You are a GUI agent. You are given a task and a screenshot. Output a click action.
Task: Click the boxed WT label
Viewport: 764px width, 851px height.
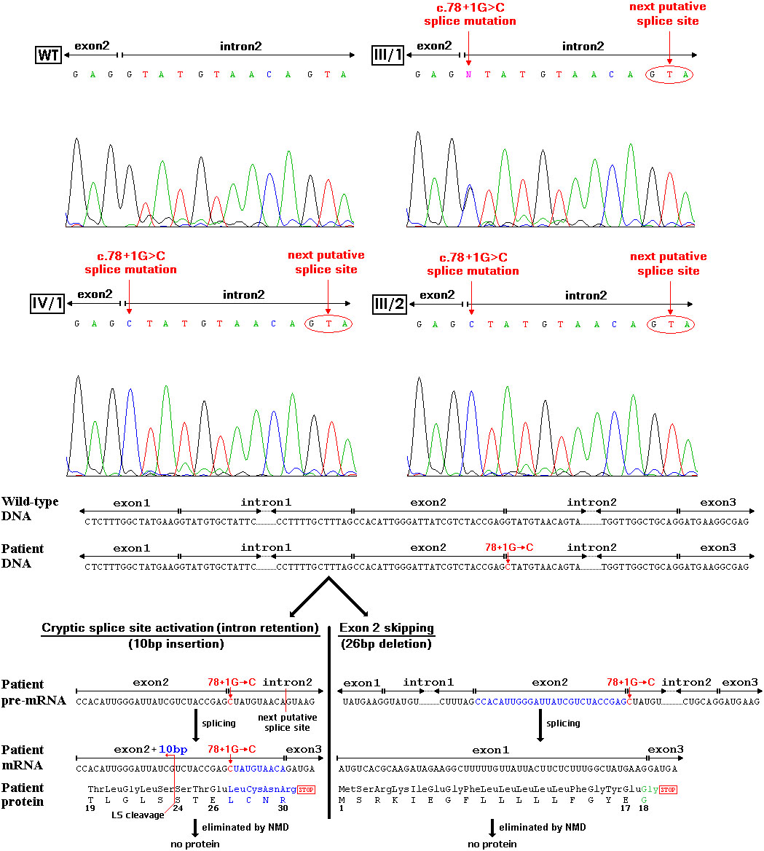pos(47,55)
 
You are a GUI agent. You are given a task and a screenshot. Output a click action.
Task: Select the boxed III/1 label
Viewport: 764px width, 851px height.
pos(388,55)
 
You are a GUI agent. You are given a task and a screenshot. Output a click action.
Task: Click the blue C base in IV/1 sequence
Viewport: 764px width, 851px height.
pos(130,323)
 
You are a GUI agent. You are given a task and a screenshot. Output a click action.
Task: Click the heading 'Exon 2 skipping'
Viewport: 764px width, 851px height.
pos(387,628)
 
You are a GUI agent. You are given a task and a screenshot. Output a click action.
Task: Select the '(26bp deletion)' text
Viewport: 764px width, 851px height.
pos(386,644)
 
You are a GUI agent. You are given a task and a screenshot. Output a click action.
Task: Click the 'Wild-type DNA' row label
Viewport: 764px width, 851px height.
pos(31,509)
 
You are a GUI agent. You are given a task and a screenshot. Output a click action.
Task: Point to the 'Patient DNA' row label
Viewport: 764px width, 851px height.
pos(23,556)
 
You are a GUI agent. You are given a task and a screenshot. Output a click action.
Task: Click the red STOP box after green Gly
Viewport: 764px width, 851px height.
pos(668,789)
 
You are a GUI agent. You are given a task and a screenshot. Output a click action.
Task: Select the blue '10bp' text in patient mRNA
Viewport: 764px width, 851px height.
pos(173,749)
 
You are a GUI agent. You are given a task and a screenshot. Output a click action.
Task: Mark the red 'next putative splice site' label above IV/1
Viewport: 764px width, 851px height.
pos(326,262)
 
